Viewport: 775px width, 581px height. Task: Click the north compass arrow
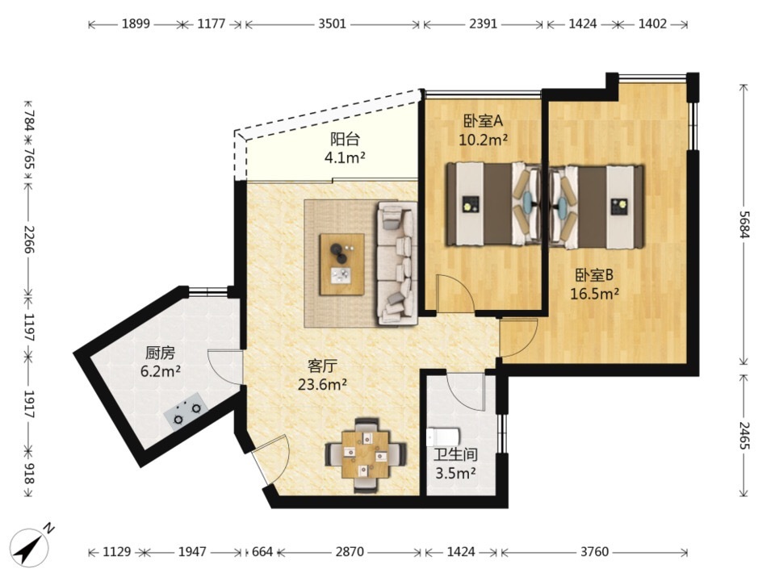(30, 547)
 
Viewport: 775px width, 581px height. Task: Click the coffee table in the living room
(342, 265)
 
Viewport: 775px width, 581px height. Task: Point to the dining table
(366, 455)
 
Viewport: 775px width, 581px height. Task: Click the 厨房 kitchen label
(160, 353)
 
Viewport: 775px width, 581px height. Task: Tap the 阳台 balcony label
(345, 140)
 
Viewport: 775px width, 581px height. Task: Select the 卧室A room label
(483, 120)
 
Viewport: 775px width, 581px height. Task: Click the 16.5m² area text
(595, 294)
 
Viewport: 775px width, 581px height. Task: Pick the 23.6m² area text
(322, 384)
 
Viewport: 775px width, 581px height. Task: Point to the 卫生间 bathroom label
(455, 454)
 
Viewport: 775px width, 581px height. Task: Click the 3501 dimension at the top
(332, 23)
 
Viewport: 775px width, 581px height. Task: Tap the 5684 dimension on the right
(744, 224)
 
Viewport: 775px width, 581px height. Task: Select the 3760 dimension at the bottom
(594, 551)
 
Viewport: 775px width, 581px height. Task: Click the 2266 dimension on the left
(29, 240)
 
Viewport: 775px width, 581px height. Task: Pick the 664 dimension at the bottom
(262, 551)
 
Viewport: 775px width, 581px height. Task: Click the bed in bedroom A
(494, 204)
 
